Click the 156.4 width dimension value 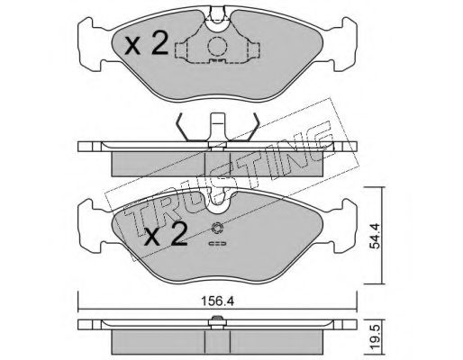(218, 301)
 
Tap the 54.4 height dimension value (375, 236)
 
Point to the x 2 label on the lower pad (166, 235)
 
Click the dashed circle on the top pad (217, 47)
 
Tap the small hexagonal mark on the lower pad (216, 229)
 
